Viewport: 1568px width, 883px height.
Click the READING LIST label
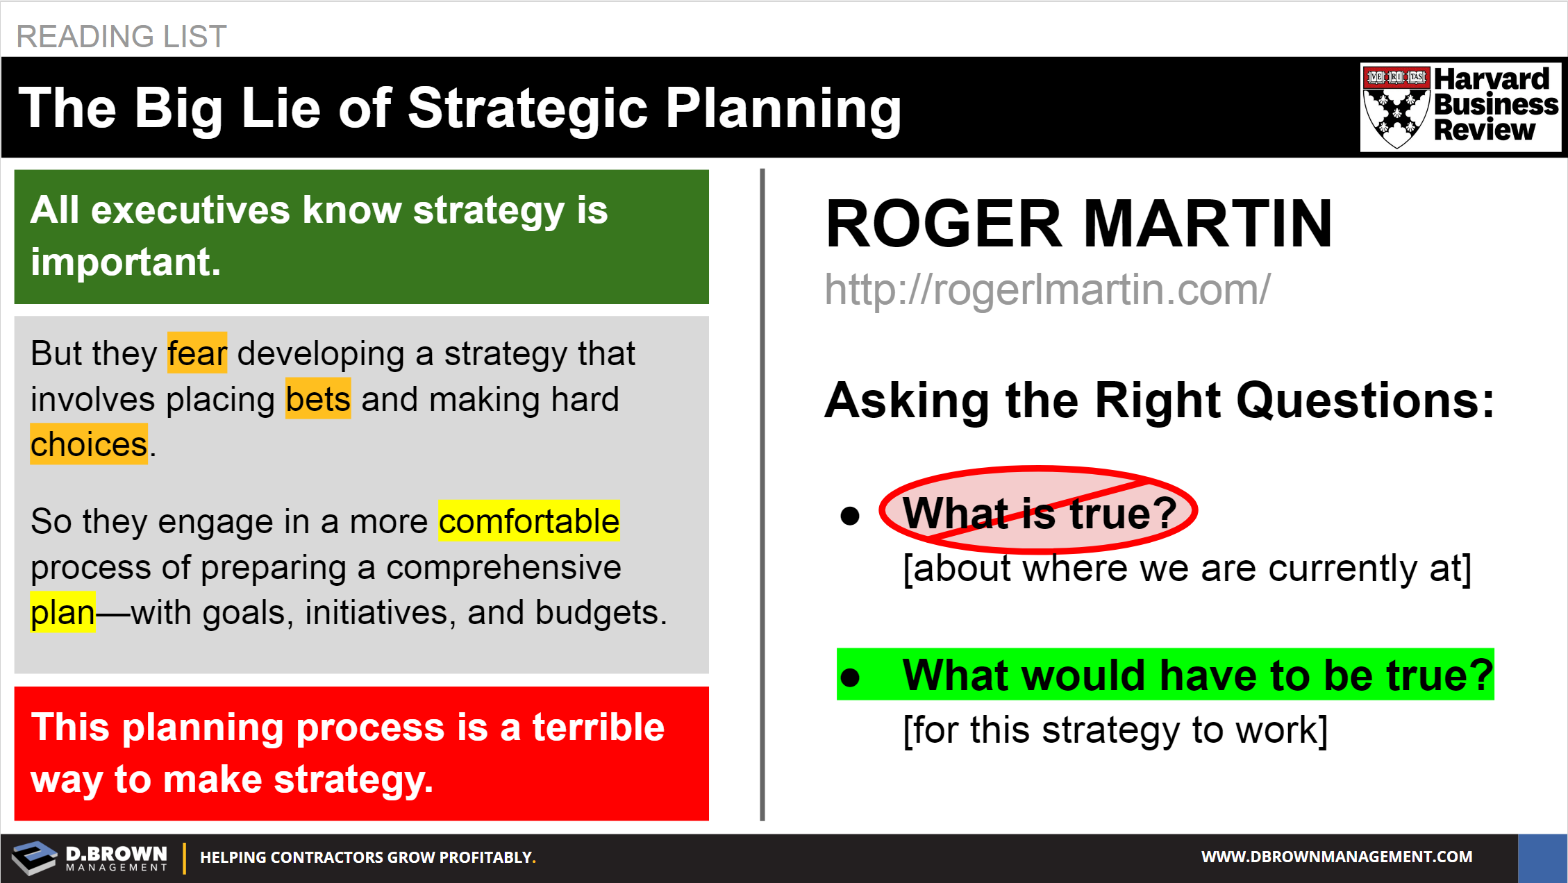[x=122, y=36]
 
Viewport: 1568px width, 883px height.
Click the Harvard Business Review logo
[x=1460, y=107]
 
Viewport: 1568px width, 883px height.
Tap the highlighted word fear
[x=197, y=353]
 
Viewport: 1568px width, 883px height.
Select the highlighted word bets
[x=318, y=399]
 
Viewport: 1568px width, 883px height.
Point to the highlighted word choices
[x=89, y=444]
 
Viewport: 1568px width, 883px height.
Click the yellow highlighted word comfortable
[x=529, y=521]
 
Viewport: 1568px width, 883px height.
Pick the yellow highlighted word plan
[x=62, y=612]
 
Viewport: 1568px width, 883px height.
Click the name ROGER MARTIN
[x=1078, y=224]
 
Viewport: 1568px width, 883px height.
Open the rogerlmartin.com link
[x=1047, y=289]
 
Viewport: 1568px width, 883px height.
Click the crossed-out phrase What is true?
[x=1040, y=513]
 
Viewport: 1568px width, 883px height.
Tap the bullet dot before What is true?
[x=850, y=516]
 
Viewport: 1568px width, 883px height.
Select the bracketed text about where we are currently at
[x=1187, y=569]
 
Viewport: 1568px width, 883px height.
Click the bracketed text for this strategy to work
[x=1115, y=730]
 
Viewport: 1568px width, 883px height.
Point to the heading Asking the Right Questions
[x=1160, y=401]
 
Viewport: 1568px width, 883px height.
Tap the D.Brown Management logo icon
[x=35, y=858]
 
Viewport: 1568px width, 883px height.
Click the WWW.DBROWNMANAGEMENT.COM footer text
[x=1337, y=857]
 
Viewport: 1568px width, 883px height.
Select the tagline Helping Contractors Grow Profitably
[x=368, y=857]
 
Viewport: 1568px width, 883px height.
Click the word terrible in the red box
[x=599, y=728]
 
